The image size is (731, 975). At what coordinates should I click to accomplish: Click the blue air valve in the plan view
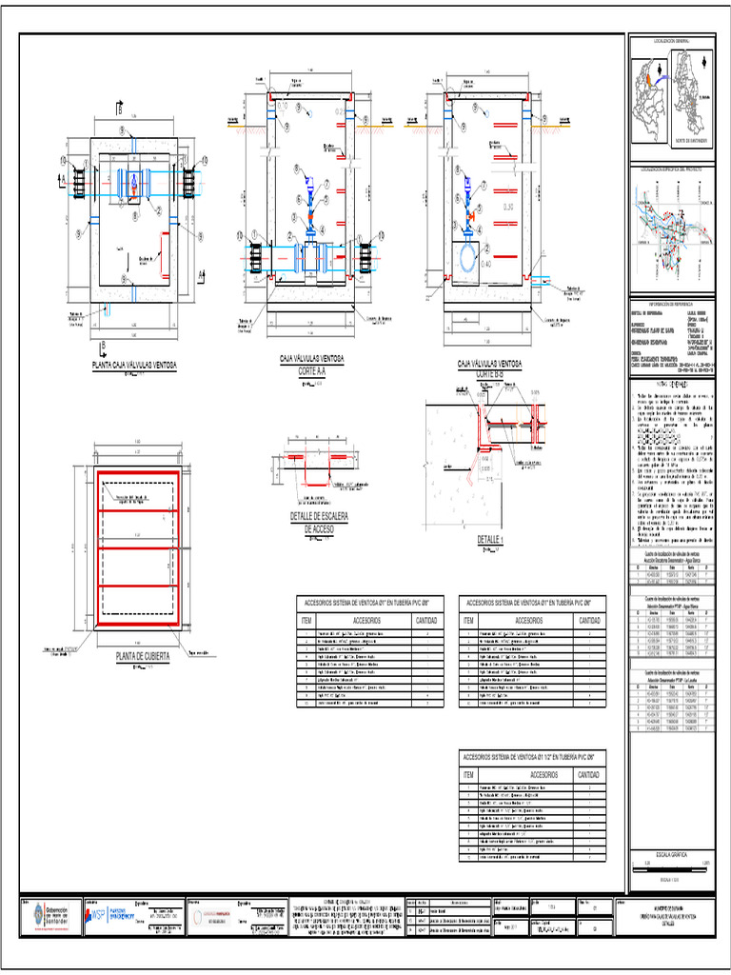pos(134,180)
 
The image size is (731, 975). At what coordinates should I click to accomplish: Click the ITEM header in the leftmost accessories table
pos(306,620)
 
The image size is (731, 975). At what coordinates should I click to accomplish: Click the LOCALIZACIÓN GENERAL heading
pos(671,41)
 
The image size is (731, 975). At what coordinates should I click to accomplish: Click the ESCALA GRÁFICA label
pos(671,854)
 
